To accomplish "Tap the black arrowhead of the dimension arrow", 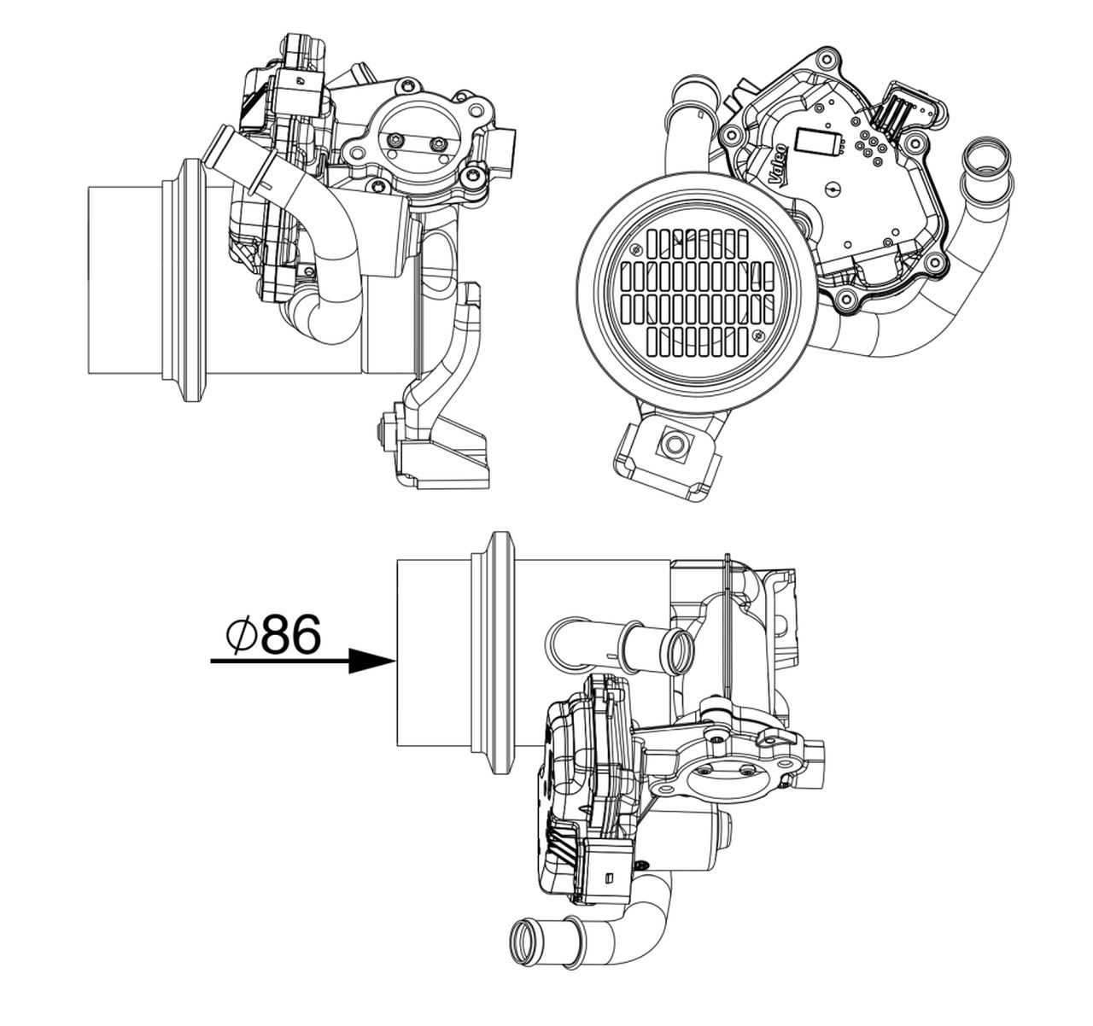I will [x=373, y=661].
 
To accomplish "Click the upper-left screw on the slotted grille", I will [x=636, y=249].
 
